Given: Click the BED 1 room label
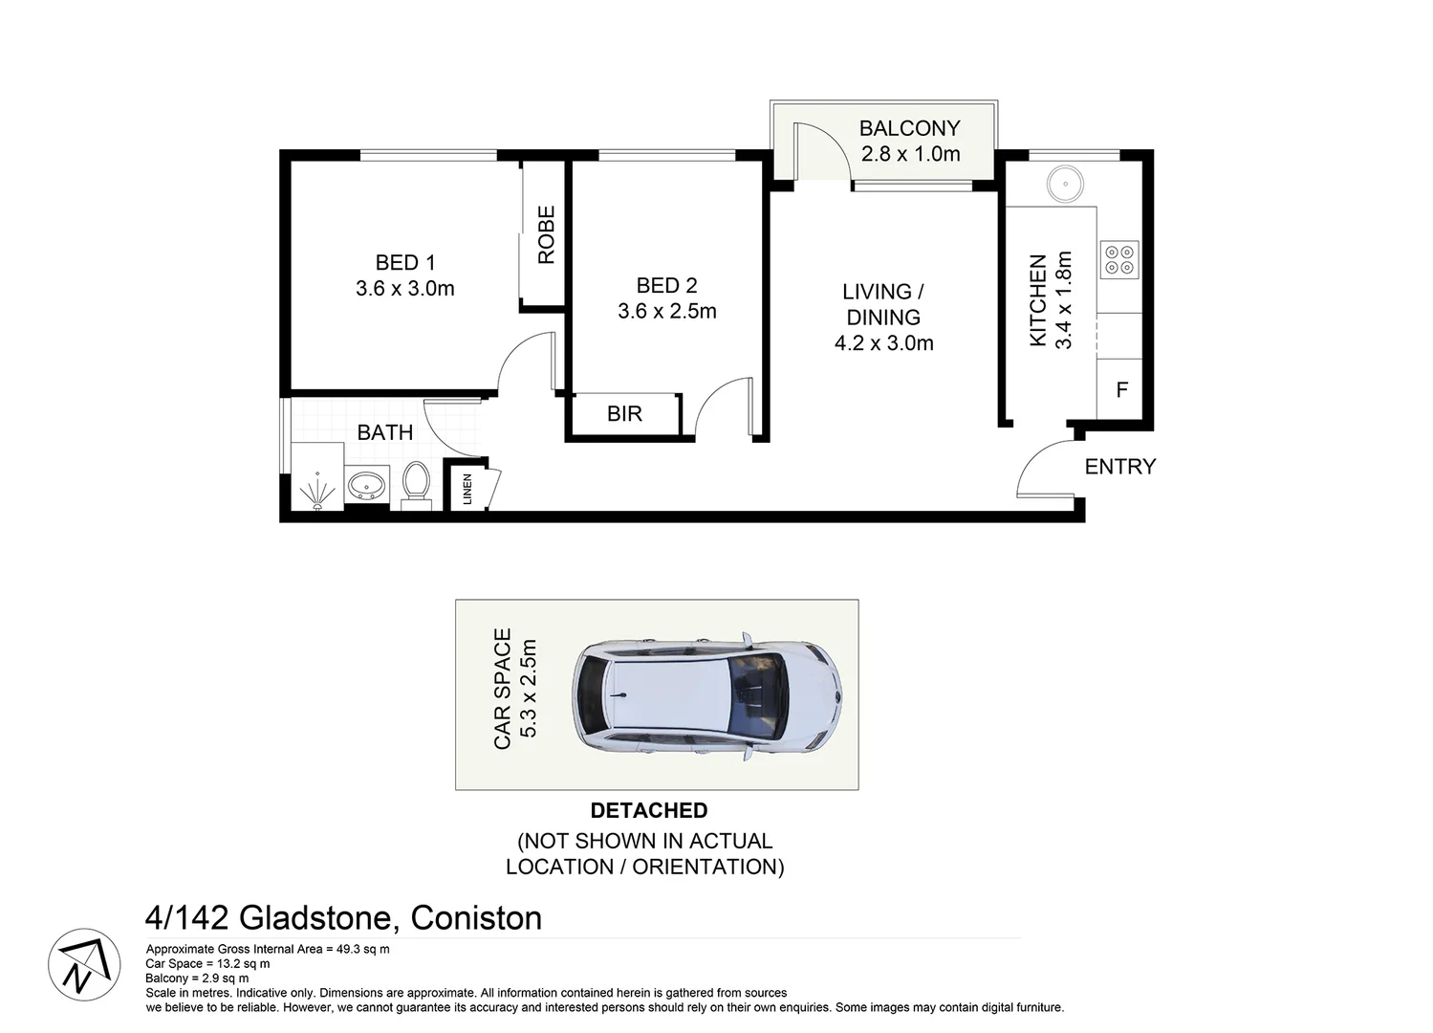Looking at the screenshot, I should click(x=404, y=262).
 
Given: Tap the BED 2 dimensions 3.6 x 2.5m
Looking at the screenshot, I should click(x=666, y=311).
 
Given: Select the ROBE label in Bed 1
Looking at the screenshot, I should click(x=546, y=235).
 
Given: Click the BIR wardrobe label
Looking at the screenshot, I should click(x=624, y=414).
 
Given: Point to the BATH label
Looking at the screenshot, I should click(x=384, y=432).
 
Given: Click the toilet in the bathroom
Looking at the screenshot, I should click(x=416, y=480).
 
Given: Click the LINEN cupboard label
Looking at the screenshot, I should click(x=467, y=490).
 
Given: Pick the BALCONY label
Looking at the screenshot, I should click(x=909, y=128).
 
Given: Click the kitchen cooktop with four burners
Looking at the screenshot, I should click(x=1118, y=259).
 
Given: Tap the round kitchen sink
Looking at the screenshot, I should click(x=1062, y=183).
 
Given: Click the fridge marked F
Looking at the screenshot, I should click(x=1121, y=390).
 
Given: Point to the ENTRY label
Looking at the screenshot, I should click(x=1119, y=467).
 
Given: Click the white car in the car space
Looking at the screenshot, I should click(x=706, y=694).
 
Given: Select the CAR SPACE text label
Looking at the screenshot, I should click(x=503, y=689).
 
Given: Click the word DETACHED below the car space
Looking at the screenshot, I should click(x=648, y=811).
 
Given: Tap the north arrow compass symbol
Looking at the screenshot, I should click(x=84, y=965).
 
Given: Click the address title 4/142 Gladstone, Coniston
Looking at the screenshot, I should click(x=343, y=918).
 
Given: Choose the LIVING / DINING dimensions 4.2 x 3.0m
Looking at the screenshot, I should click(x=883, y=343).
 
